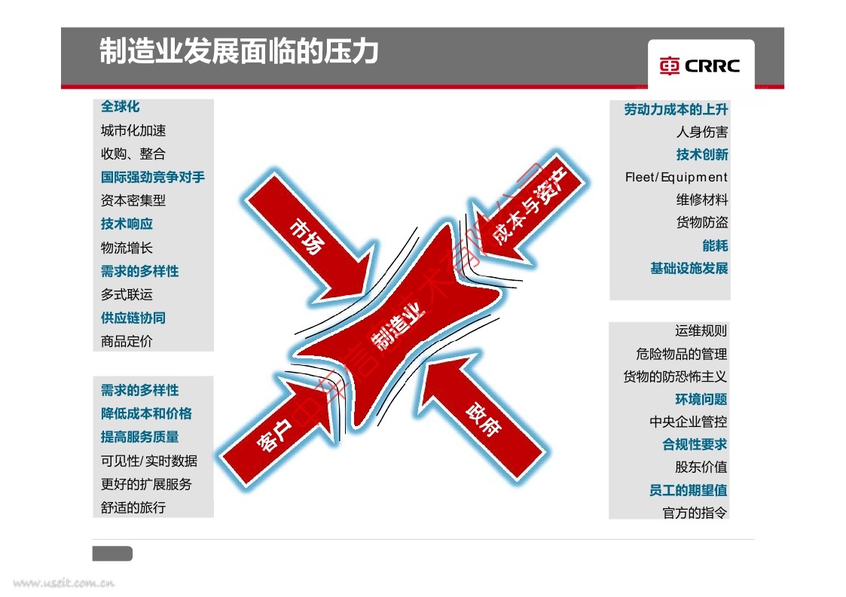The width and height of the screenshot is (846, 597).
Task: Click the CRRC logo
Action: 700,65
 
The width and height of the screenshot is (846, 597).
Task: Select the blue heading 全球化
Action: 121,108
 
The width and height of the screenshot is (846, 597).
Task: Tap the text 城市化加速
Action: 133,131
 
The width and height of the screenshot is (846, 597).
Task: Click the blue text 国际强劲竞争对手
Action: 153,178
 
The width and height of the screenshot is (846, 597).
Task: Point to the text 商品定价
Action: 127,341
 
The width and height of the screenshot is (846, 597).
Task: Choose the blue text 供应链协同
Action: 133,318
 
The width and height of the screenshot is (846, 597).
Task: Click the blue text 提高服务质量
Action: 140,437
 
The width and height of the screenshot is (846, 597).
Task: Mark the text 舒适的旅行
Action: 133,507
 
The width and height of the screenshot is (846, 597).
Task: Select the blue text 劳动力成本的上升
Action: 676,110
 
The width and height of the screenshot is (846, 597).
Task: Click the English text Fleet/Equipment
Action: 676,178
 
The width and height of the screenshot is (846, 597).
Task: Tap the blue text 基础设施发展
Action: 689,269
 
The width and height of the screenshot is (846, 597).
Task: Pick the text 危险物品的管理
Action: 681,354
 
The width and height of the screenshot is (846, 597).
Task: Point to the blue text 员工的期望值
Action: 688,491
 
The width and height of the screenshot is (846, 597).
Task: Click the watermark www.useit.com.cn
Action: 64,583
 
